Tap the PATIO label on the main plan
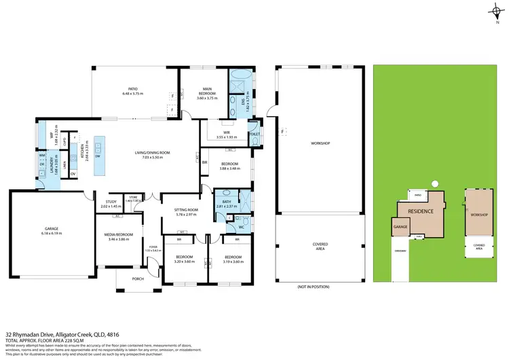pos(134,88)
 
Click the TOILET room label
pos(254,135)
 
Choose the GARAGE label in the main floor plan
pos(52,229)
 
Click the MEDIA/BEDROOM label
pos(119,235)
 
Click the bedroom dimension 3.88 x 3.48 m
pos(229,168)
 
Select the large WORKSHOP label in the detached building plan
pos(321,144)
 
